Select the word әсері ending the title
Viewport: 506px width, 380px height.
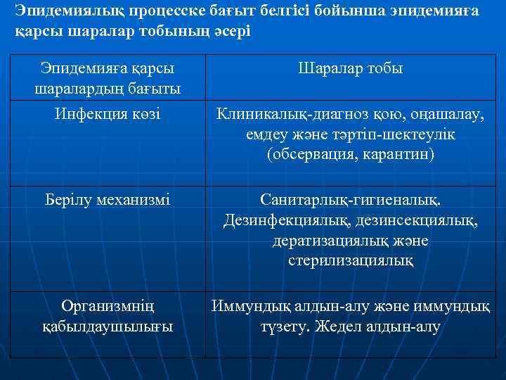(x=228, y=33)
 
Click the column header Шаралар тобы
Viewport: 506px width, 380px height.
(x=351, y=69)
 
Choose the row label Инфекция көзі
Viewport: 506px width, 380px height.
(x=108, y=113)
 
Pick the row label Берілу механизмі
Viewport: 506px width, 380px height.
(x=108, y=199)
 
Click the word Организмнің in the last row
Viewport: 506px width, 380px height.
(x=108, y=306)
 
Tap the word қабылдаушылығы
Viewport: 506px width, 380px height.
(x=108, y=327)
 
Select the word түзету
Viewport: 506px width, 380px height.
(x=286, y=327)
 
